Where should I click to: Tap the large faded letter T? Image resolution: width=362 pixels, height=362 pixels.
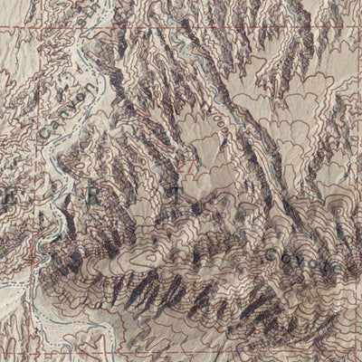click(x=172, y=192)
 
